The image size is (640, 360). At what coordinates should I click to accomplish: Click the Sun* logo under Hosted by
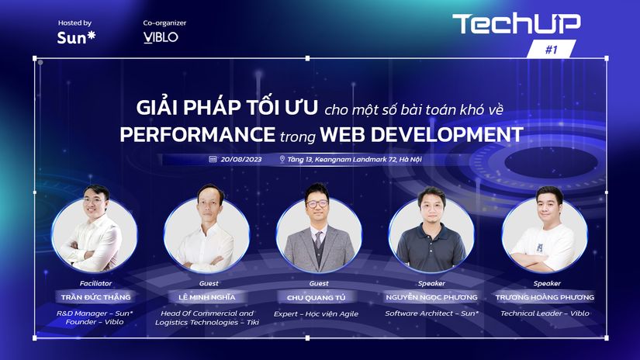(x=76, y=37)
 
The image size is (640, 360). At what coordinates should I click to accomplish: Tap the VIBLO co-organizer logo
(x=161, y=37)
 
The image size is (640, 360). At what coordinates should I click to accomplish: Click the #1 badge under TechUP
(x=552, y=50)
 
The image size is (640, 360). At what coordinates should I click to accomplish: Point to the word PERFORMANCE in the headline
(x=198, y=134)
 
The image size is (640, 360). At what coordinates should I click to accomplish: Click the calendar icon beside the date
(x=213, y=159)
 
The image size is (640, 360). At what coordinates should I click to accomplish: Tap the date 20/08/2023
(x=240, y=159)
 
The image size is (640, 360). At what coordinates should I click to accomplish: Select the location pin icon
(x=282, y=159)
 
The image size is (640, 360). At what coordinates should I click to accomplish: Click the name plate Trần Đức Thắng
(x=96, y=297)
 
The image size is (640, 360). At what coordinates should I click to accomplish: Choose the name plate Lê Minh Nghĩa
(x=207, y=297)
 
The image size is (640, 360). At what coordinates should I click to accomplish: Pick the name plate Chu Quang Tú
(x=317, y=298)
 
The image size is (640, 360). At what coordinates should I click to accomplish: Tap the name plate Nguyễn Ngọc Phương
(x=431, y=297)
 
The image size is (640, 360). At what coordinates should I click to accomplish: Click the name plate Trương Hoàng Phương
(x=545, y=297)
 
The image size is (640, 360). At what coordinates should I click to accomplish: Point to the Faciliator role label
(x=95, y=283)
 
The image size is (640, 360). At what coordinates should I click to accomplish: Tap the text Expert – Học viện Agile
(x=316, y=314)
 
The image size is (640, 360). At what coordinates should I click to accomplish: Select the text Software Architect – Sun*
(x=431, y=313)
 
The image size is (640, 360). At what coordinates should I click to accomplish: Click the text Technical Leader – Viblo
(x=545, y=313)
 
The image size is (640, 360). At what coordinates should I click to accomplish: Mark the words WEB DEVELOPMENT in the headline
(x=422, y=134)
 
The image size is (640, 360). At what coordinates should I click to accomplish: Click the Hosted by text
(x=74, y=22)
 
